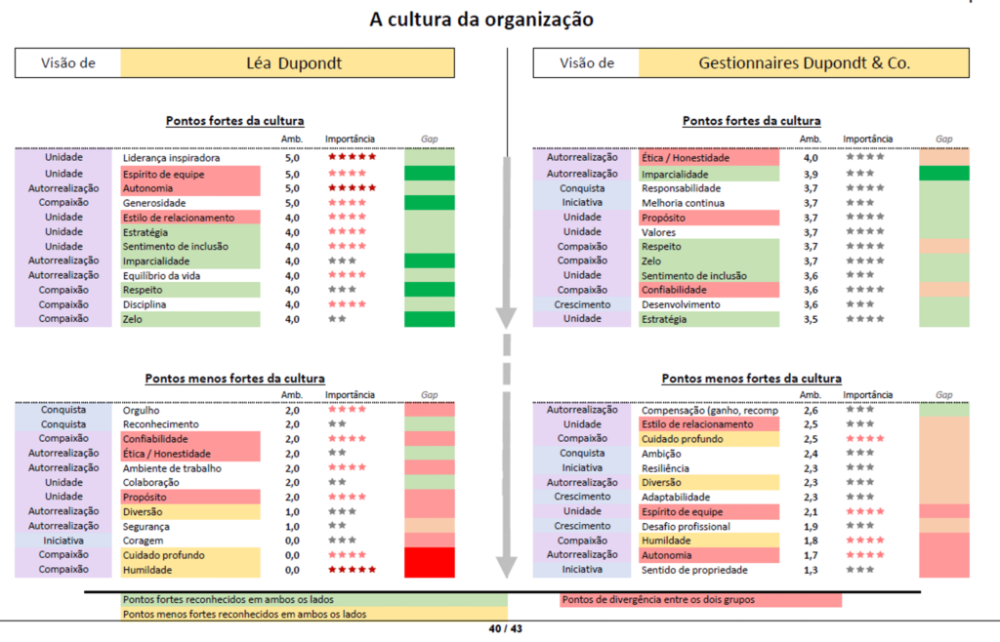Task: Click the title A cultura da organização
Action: pyautogui.click(x=480, y=20)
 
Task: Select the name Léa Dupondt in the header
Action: pyautogui.click(x=287, y=63)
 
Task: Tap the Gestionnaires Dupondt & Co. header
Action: pyautogui.click(x=804, y=63)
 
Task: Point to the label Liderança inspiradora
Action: pyautogui.click(x=171, y=158)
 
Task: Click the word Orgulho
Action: pyautogui.click(x=141, y=411)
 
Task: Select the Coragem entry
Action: pyautogui.click(x=143, y=541)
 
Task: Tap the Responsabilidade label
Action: pyautogui.click(x=681, y=187)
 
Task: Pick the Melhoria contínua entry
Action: pyautogui.click(x=682, y=203)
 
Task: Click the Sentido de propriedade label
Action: pyautogui.click(x=694, y=570)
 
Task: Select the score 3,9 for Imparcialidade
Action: pyautogui.click(x=810, y=174)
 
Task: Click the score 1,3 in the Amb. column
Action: pyautogui.click(x=810, y=570)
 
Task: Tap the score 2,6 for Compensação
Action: pyautogui.click(x=810, y=411)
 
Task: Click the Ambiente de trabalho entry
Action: pyautogui.click(x=172, y=468)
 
